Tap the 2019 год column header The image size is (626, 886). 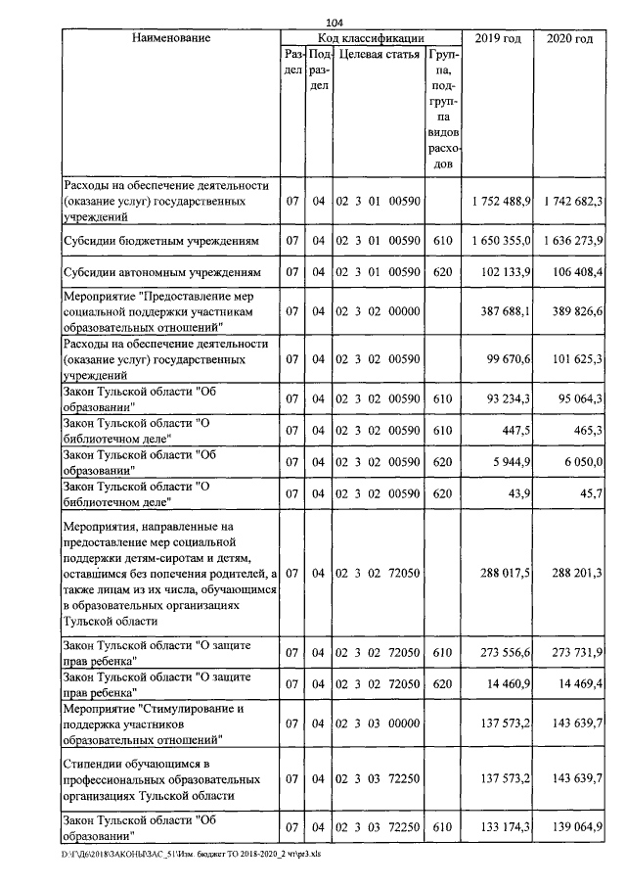pyautogui.click(x=497, y=38)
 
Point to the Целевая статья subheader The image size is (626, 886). pyautogui.click(x=379, y=55)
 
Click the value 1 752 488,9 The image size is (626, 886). pyautogui.click(x=500, y=201)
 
